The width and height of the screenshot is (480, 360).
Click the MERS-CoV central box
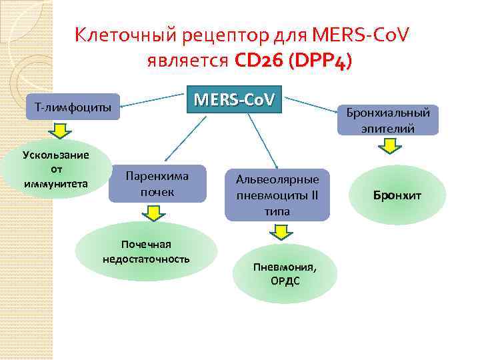pos(234,100)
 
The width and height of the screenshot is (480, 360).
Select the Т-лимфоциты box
pos(73,107)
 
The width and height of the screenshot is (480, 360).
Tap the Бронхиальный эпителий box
pos(388,120)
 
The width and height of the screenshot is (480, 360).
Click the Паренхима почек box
pos(157,183)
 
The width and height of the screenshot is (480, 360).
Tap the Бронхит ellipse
pos(397,195)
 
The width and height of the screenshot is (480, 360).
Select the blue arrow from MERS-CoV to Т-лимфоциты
pos(153,101)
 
